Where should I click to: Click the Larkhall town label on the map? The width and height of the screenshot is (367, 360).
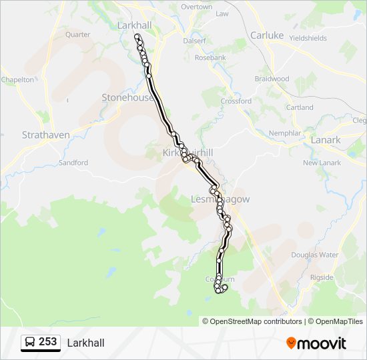click(x=133, y=25)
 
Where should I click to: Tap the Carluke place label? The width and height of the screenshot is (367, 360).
click(x=267, y=35)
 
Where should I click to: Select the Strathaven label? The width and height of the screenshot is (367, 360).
click(x=45, y=135)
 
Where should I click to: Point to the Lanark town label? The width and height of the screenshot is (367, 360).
click(x=325, y=140)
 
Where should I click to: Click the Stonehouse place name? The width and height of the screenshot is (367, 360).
click(x=127, y=97)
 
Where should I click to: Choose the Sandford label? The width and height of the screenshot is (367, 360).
click(x=73, y=163)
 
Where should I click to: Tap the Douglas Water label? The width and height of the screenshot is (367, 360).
click(x=314, y=255)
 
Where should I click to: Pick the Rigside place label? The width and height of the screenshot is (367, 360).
click(x=322, y=277)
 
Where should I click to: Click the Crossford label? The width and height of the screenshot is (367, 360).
click(x=236, y=101)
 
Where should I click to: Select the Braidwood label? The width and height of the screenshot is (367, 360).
click(x=272, y=79)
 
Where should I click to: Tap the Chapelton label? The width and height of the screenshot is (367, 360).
click(x=17, y=79)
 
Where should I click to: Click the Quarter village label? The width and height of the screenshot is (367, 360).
click(x=78, y=35)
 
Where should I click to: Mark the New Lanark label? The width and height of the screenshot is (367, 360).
click(x=322, y=163)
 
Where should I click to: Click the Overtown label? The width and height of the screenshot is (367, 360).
click(x=197, y=7)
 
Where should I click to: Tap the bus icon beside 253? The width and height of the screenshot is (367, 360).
click(x=31, y=342)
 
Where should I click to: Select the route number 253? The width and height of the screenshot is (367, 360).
click(x=48, y=342)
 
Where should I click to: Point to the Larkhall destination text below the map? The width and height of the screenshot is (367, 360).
click(x=85, y=343)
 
